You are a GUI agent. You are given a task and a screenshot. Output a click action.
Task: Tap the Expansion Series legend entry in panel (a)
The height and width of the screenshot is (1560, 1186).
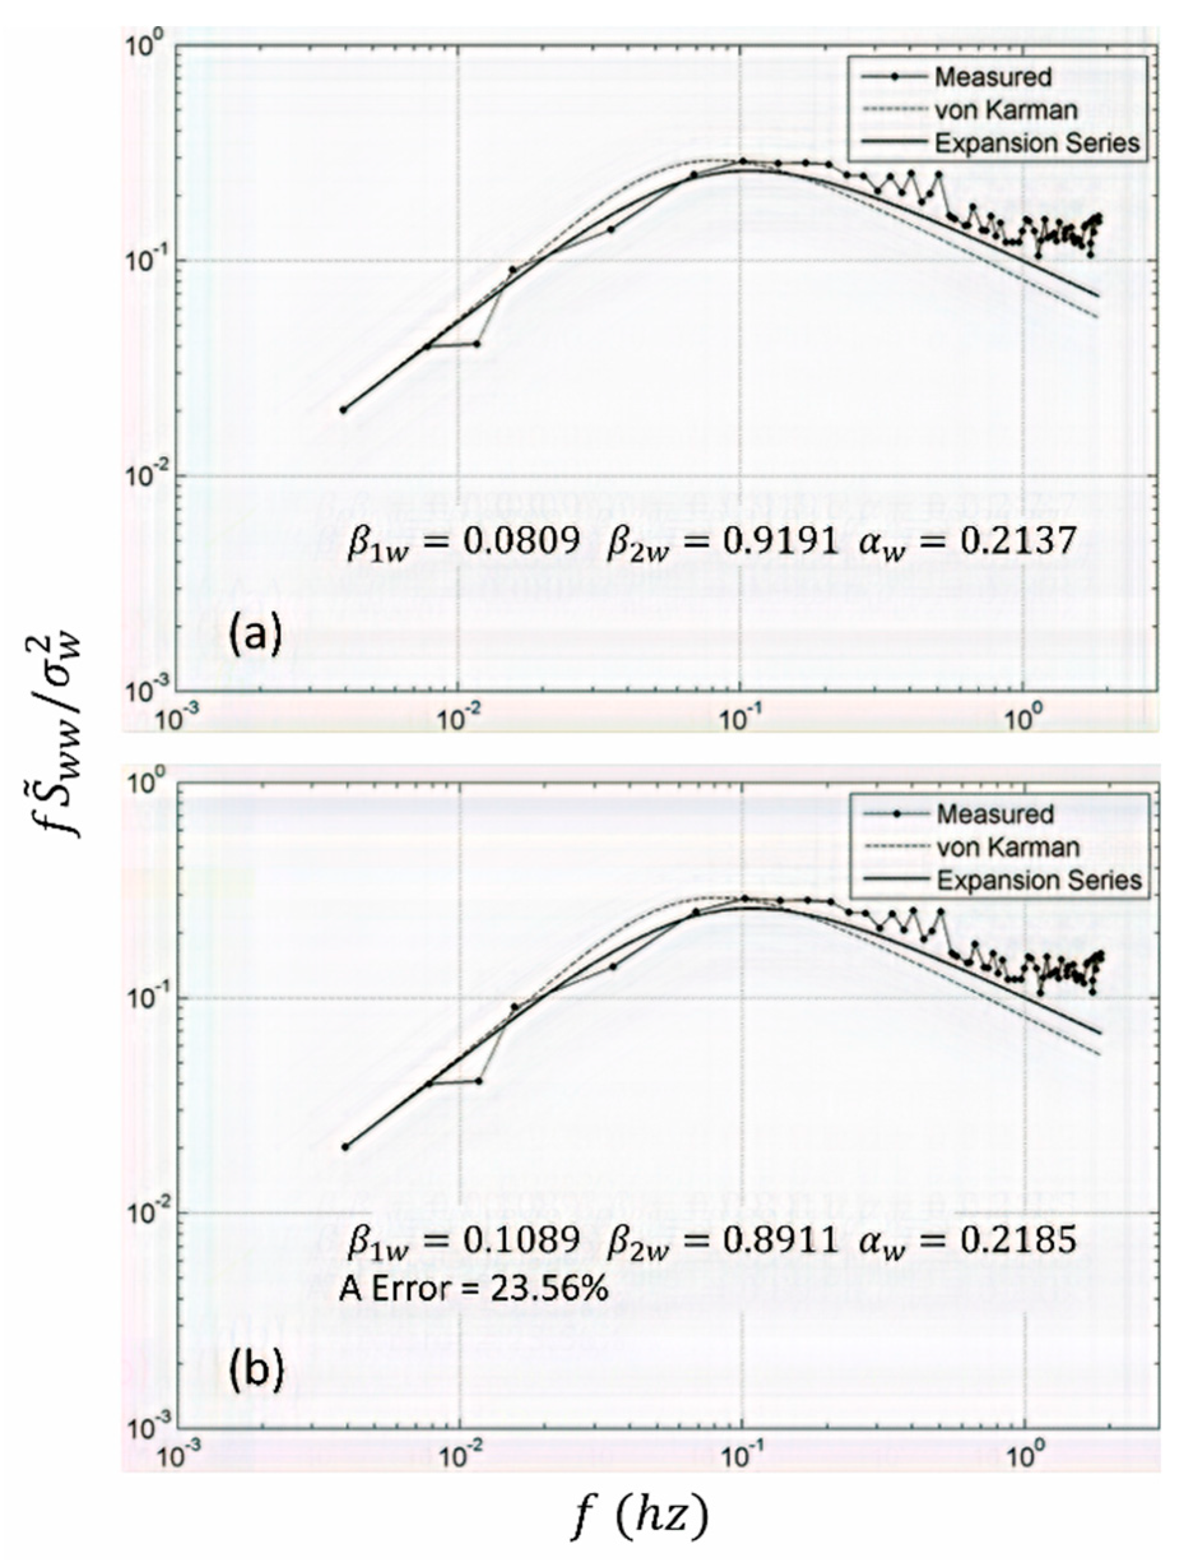(1037, 143)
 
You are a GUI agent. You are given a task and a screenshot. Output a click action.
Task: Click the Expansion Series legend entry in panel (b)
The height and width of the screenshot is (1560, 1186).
(1038, 880)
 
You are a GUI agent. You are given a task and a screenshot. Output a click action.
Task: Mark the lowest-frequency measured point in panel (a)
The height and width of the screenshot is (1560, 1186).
(344, 410)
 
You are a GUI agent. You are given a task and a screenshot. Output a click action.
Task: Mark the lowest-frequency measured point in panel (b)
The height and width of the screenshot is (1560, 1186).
(345, 1147)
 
